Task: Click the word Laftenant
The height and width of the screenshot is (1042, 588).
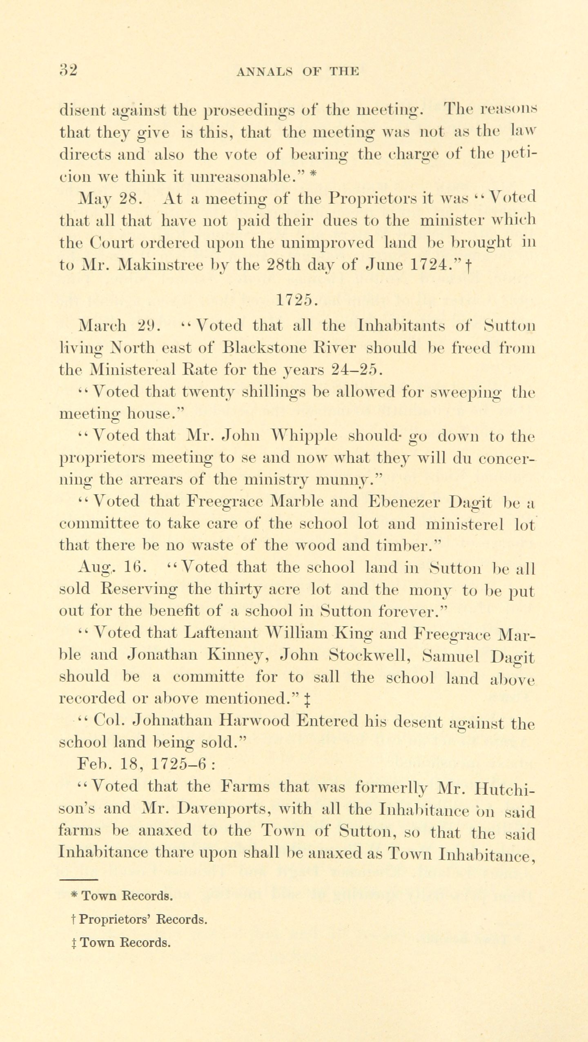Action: pos(221,633)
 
